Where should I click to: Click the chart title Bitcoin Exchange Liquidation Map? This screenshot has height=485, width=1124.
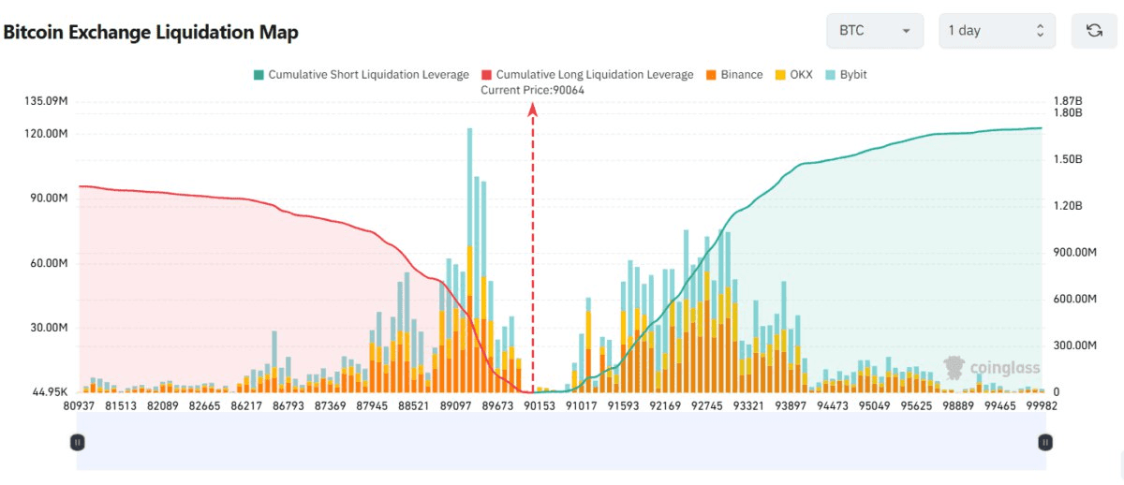151,33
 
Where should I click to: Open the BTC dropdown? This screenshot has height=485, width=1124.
874,31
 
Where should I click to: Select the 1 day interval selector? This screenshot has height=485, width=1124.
997,31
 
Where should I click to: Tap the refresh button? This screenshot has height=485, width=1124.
1094,31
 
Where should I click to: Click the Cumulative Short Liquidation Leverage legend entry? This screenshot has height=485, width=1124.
361,74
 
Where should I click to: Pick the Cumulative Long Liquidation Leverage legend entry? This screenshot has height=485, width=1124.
587,74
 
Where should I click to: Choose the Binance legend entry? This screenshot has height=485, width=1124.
734,74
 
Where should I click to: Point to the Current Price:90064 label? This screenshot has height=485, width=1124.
532,90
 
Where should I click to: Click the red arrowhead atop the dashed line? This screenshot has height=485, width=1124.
533,110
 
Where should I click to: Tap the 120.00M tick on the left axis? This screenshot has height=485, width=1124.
50,134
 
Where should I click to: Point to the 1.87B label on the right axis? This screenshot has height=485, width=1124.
1068,100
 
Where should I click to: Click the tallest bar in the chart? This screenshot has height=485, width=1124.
469,262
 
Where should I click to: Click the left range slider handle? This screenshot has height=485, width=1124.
78,442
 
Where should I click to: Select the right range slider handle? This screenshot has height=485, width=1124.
1044,442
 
